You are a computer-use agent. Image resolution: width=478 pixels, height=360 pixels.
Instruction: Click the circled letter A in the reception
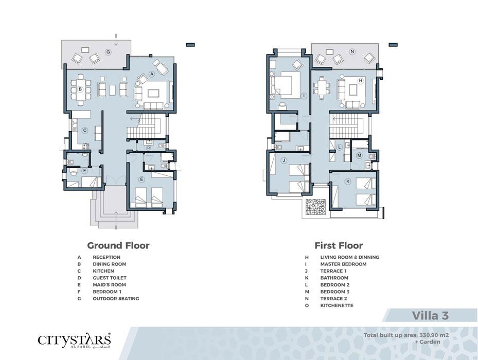pyautogui.click(x=151, y=74)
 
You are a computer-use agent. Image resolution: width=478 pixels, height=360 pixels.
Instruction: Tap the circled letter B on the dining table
pyautogui.click(x=80, y=89)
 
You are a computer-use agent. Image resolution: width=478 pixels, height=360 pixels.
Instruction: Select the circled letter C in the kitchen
pyautogui.click(x=85, y=131)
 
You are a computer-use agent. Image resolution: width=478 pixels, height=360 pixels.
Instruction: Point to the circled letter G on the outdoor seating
pyautogui.click(x=108, y=52)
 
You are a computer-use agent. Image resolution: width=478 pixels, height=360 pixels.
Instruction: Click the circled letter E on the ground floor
pyautogui.click(x=141, y=179)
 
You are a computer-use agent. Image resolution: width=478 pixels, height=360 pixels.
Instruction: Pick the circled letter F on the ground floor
pyautogui.click(x=85, y=171)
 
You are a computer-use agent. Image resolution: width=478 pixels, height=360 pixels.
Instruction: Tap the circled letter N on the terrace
pyautogui.click(x=352, y=52)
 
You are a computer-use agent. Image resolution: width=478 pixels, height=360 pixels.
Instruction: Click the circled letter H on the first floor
pyautogui.click(x=361, y=81)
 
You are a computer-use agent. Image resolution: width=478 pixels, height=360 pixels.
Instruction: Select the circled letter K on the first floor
pyautogui.click(x=348, y=182)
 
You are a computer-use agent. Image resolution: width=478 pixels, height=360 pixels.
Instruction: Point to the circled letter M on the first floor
pyautogui.click(x=359, y=155)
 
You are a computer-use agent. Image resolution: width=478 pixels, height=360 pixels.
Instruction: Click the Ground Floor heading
pyautogui.click(x=118, y=245)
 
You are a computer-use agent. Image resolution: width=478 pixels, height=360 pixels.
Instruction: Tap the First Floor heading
pyautogui.click(x=339, y=245)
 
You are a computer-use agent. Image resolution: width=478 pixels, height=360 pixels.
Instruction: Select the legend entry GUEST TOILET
pyautogui.click(x=110, y=278)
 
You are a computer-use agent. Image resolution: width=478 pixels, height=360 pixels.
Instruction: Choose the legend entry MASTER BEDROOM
pyautogui.click(x=343, y=264)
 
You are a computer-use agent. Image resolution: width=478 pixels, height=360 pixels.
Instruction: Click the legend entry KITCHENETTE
pyautogui.click(x=337, y=305)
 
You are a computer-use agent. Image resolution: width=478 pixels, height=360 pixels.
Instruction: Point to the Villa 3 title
pyautogui.click(x=431, y=315)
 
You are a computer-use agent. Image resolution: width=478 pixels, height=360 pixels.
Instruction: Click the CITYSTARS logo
pyautogui.click(x=74, y=340)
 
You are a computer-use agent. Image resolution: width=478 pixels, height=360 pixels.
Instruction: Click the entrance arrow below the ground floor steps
pyautogui.click(x=116, y=220)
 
